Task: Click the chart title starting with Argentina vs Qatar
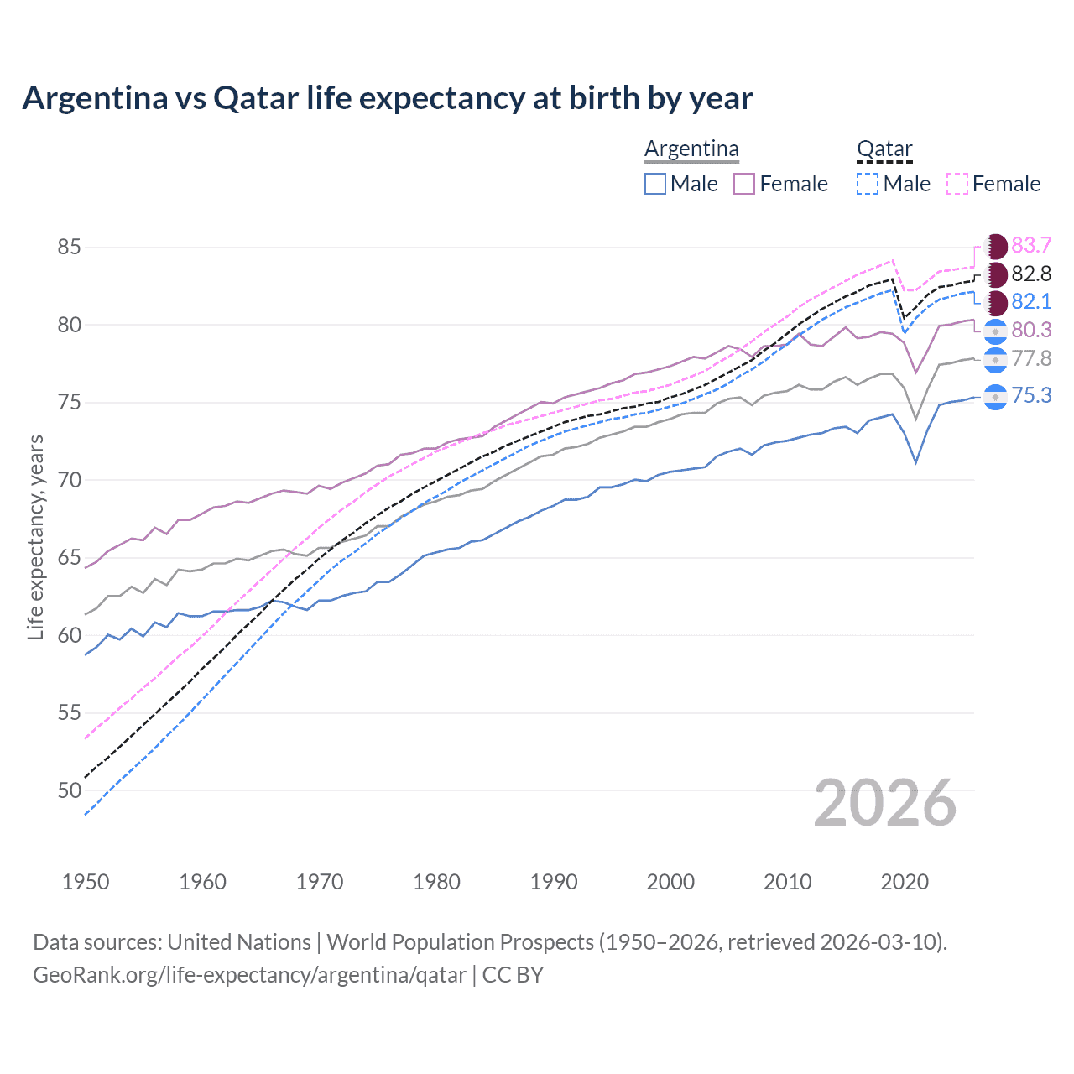(387, 98)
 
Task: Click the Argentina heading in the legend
(691, 149)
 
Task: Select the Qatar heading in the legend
(884, 149)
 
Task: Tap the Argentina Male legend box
(655, 184)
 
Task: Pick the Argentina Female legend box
(744, 184)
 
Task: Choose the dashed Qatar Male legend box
(868, 184)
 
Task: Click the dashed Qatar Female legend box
(957, 184)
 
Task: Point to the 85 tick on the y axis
(70, 248)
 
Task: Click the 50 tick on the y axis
(70, 790)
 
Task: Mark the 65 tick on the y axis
(70, 558)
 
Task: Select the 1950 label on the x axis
(86, 882)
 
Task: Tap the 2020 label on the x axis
(905, 882)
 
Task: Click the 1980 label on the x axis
(436, 882)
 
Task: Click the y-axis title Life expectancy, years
(35, 537)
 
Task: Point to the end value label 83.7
(1031, 245)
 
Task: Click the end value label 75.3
(1031, 395)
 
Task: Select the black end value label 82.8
(1031, 274)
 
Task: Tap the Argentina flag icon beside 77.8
(995, 360)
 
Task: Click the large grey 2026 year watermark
(884, 803)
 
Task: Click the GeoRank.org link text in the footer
(248, 975)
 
